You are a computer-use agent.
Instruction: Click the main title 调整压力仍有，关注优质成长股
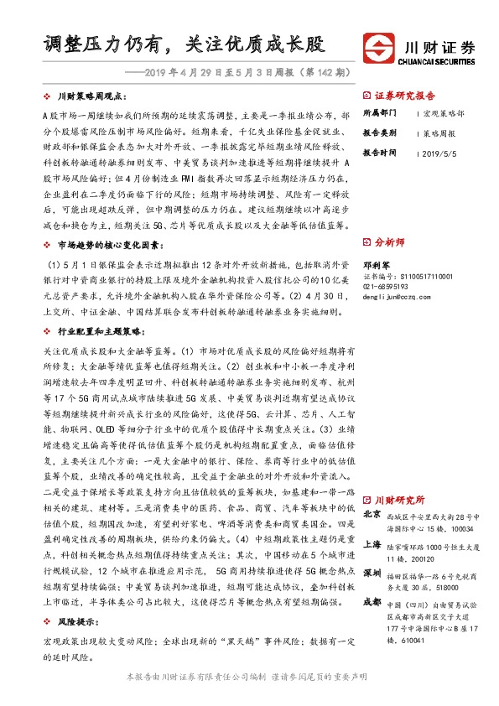[184, 43]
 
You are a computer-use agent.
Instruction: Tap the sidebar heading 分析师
[393, 241]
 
